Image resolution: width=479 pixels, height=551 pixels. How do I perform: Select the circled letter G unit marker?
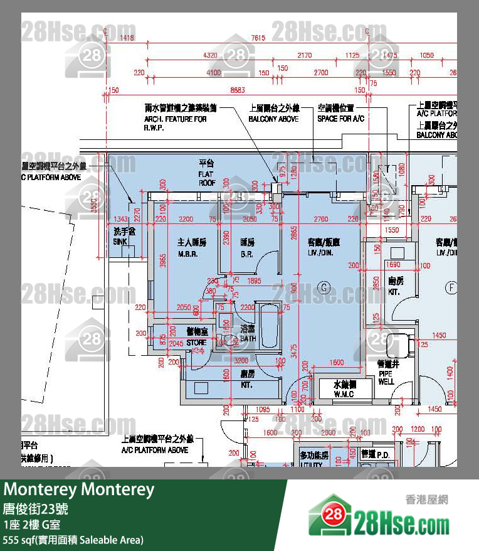pos(324,287)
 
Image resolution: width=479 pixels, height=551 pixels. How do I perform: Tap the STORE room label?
pos(196,337)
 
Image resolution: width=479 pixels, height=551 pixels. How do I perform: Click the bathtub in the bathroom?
pos(270,326)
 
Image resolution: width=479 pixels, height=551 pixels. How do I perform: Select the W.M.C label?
pos(344,389)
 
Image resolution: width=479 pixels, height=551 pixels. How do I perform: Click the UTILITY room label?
pos(312,459)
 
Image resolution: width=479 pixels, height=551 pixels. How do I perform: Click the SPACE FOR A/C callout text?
pos(340,113)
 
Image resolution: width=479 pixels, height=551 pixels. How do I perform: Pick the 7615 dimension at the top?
pos(258,38)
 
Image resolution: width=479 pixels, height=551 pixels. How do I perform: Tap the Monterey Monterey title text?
pos(79,489)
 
